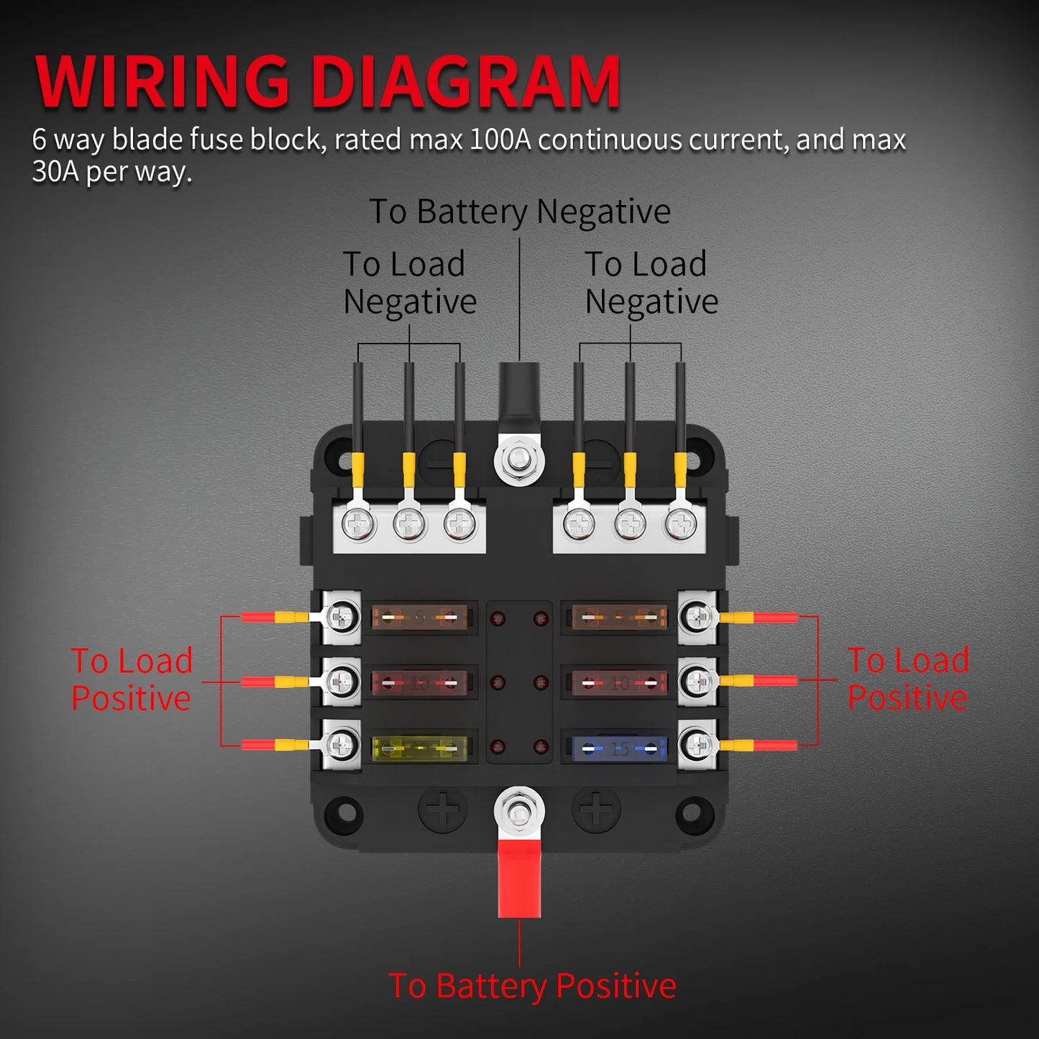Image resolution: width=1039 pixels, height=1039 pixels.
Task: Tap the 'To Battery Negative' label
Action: click(x=519, y=212)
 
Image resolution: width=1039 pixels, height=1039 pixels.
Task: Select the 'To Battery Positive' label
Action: click(x=532, y=986)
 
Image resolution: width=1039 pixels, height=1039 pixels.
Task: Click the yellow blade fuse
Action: click(x=420, y=749)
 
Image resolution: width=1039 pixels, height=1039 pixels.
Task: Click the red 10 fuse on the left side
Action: click(x=420, y=683)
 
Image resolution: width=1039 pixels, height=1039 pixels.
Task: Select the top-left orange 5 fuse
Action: click(x=420, y=618)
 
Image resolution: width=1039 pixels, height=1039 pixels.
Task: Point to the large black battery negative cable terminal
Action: click(x=519, y=392)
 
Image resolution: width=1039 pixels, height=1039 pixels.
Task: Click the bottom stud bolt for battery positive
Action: click(x=519, y=813)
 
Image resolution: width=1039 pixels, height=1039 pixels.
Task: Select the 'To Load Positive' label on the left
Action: click(x=132, y=679)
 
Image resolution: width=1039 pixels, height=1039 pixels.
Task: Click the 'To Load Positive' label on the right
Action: click(x=908, y=679)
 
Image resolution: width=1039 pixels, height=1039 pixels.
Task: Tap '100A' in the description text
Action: click(x=500, y=139)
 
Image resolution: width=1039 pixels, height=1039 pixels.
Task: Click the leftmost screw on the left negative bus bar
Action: click(x=358, y=524)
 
